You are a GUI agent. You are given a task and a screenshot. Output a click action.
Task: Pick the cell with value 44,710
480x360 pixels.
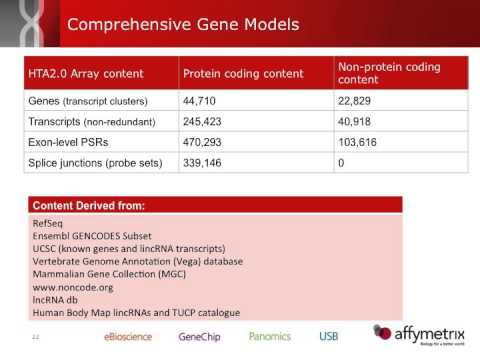[204, 101]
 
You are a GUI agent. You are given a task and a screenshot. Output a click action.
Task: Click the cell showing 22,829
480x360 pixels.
[357, 101]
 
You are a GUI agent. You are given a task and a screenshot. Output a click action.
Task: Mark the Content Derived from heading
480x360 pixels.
[89, 205]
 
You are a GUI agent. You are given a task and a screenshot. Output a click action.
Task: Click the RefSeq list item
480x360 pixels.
[48, 222]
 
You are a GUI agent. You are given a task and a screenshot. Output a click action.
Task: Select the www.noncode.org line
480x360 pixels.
[74, 285]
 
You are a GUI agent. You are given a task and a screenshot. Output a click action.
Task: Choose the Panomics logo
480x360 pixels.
[270, 336]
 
